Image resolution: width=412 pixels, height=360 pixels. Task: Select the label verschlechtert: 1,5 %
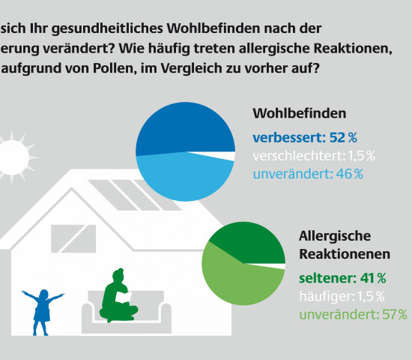click(x=314, y=155)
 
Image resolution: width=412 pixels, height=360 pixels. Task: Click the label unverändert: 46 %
click(x=308, y=173)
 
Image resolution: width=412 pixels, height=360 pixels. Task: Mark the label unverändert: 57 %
click(x=353, y=314)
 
